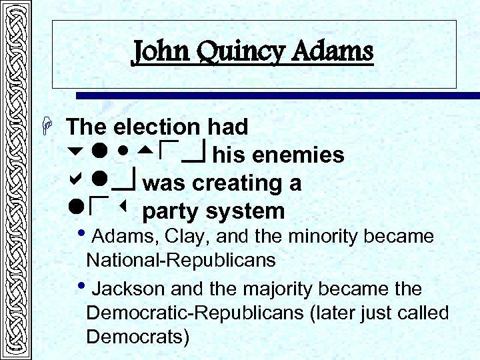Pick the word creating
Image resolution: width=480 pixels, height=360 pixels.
click(x=226, y=183)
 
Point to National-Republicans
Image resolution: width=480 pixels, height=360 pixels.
click(x=181, y=260)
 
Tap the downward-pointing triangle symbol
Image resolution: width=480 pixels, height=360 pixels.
click(x=74, y=155)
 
